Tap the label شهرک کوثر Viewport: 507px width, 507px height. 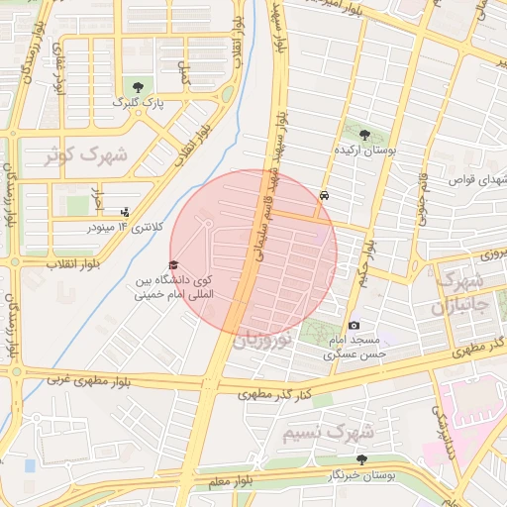[x=87, y=155]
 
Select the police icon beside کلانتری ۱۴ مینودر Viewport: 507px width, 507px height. [x=124, y=211]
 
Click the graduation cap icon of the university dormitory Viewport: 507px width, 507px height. [x=173, y=265]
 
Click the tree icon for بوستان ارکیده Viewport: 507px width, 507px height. [x=364, y=135]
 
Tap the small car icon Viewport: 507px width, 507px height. [x=325, y=195]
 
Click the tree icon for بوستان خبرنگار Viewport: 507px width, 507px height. [x=361, y=459]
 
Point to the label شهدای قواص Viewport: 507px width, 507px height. [x=476, y=180]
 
